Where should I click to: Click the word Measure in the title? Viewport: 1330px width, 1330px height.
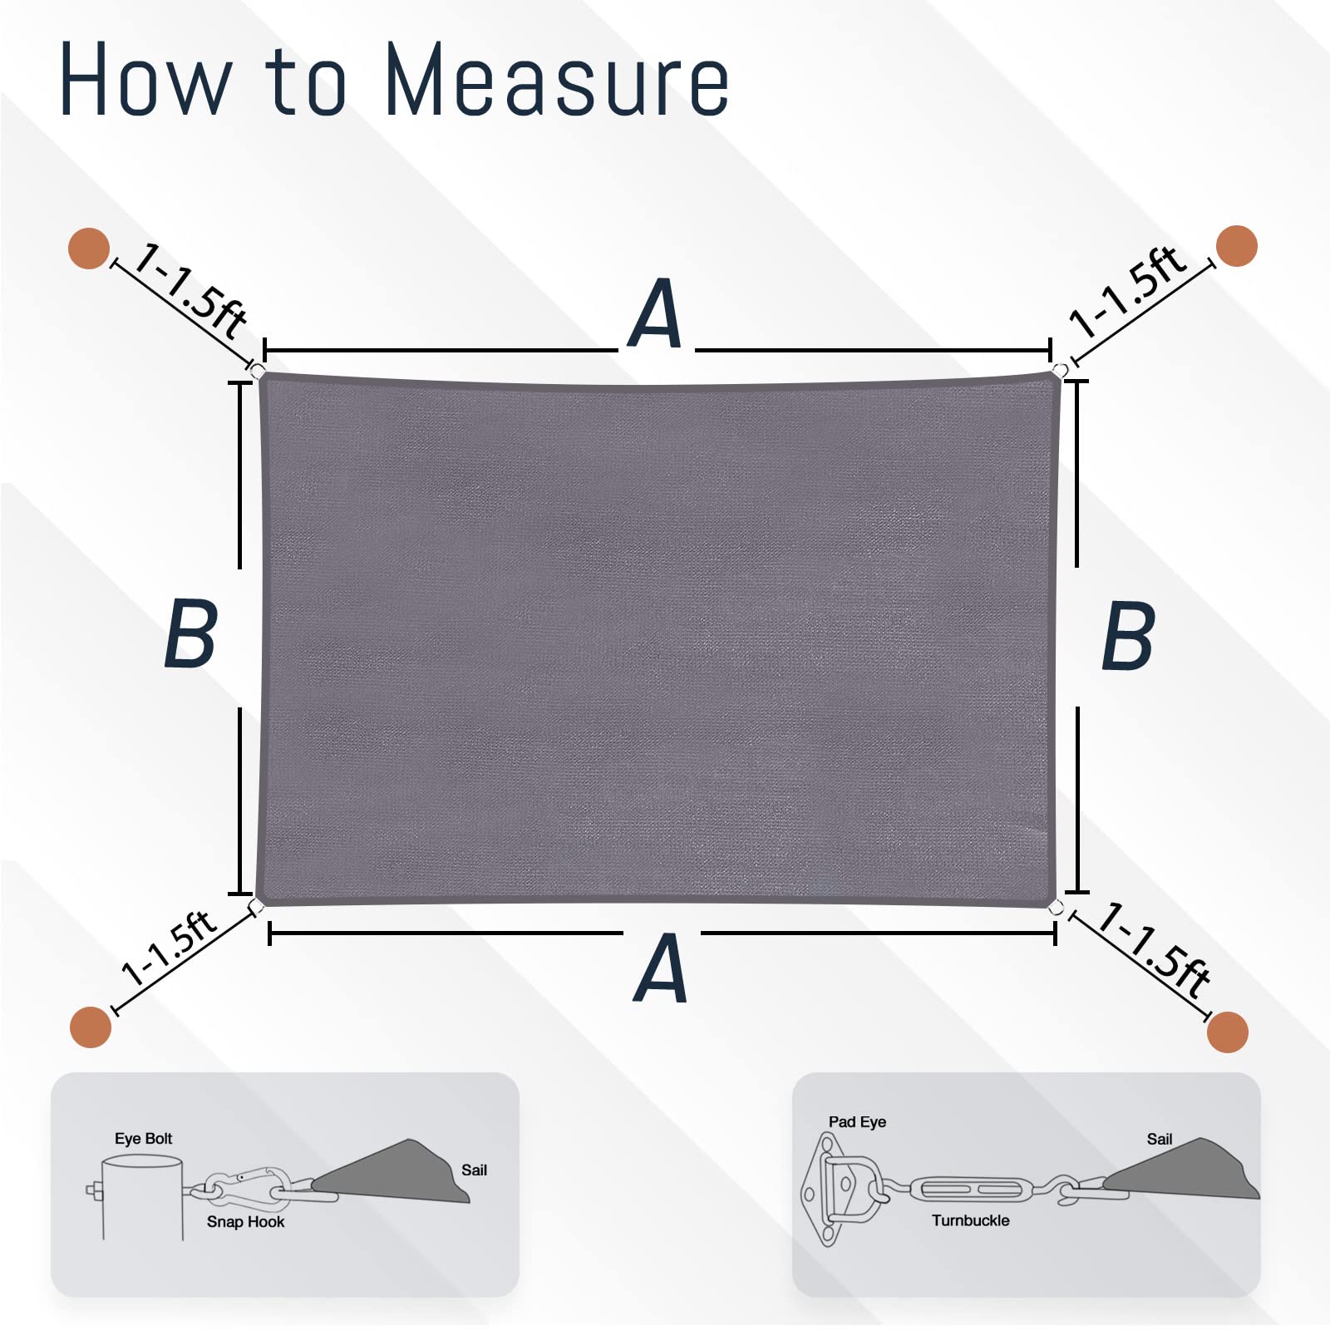[x=557, y=80]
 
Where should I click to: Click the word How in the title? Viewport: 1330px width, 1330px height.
[x=145, y=80]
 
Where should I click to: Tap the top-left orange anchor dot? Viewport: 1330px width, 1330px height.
[x=88, y=249]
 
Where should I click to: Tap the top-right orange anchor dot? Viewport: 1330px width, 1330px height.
[x=1236, y=245]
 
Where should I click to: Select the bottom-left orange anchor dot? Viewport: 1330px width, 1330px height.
[x=90, y=1027]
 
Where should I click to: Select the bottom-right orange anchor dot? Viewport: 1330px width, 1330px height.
[x=1227, y=1032]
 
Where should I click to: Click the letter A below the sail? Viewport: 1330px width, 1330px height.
[x=661, y=968]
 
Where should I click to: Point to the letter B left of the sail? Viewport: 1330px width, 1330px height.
[x=191, y=633]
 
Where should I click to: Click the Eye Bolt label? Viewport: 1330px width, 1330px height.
[x=143, y=1138]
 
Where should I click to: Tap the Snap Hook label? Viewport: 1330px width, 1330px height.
[x=245, y=1221]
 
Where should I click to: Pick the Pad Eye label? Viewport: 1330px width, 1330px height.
[x=857, y=1121]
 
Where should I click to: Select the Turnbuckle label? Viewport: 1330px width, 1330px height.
[x=970, y=1220]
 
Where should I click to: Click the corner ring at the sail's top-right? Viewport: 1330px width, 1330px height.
[x=1060, y=370]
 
